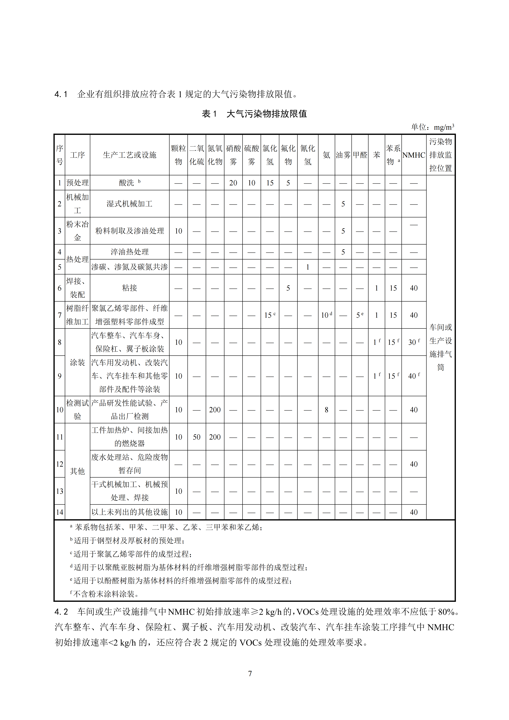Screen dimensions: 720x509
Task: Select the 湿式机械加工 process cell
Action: pos(129,204)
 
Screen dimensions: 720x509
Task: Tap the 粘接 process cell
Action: pos(129,288)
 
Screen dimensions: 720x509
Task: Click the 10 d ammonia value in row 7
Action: pos(326,315)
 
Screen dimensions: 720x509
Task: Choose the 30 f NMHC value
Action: pos(414,342)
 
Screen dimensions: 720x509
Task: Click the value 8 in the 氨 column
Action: pos(326,410)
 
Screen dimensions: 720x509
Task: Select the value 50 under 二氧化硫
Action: pos(197,437)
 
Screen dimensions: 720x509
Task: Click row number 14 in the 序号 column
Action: pos(59,512)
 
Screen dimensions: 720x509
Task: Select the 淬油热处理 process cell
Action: pos(129,252)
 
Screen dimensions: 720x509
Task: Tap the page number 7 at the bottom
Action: pos(250,674)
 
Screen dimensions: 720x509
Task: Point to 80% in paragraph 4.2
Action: pos(446,612)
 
